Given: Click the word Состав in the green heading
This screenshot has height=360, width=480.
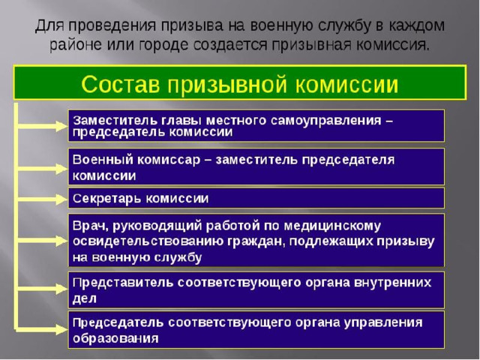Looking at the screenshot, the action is pyautogui.click(x=121, y=84).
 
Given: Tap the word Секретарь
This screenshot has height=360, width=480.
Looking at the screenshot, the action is pyautogui.click(x=107, y=199).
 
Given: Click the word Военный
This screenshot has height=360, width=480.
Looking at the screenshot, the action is pyautogui.click(x=103, y=160).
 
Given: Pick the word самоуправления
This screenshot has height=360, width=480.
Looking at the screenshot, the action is pyautogui.click(x=326, y=121).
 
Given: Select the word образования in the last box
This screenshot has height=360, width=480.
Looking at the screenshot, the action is pyautogui.click(x=115, y=338).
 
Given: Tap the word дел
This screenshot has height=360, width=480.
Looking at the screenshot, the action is pyautogui.click(x=85, y=298).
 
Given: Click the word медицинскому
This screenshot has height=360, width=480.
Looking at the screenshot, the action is pyautogui.click(x=332, y=226).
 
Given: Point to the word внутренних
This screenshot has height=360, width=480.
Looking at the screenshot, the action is pyautogui.click(x=392, y=282).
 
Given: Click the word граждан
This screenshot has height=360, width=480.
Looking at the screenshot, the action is pyautogui.click(x=256, y=241).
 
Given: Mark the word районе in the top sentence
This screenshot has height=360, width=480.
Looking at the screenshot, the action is pyautogui.click(x=75, y=45).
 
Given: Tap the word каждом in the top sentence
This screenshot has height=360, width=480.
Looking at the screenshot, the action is pyautogui.click(x=416, y=25).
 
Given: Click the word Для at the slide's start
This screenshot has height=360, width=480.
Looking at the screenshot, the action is pyautogui.click(x=49, y=25).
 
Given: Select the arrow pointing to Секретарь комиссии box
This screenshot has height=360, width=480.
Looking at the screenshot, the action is pyautogui.click(x=42, y=199).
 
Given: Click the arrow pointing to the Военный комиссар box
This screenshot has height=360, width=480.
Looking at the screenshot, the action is pyautogui.click(x=42, y=168).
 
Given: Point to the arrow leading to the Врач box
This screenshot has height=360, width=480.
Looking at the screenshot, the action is pyautogui.click(x=42, y=241).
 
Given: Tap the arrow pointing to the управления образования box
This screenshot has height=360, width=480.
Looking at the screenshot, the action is pyautogui.click(x=42, y=329).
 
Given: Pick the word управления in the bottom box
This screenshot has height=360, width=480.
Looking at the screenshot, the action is pyautogui.click(x=383, y=323).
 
